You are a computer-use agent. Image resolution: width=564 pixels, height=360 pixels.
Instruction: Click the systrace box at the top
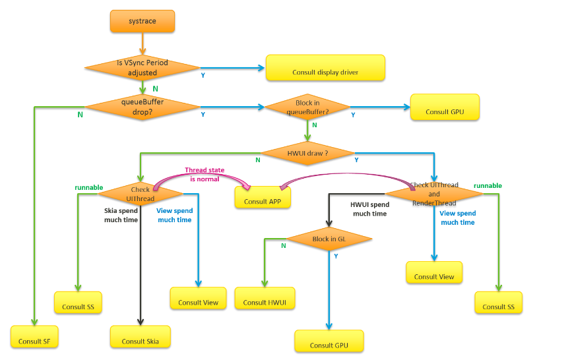(x=142, y=21)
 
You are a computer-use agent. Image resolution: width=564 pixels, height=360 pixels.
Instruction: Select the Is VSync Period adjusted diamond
(x=142, y=68)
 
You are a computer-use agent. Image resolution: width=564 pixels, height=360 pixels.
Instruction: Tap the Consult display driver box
(x=325, y=68)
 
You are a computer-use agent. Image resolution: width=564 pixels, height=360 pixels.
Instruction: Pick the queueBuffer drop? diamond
(x=142, y=107)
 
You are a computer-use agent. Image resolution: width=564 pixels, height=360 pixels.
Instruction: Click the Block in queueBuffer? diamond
(x=307, y=107)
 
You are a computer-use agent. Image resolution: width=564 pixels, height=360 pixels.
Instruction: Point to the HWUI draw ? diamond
(x=307, y=153)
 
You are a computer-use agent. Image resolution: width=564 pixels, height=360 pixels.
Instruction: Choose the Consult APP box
(x=263, y=197)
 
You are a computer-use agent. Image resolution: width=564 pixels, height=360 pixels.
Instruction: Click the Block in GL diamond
(x=329, y=239)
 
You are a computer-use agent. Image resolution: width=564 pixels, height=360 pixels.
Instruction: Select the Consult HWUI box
(x=265, y=298)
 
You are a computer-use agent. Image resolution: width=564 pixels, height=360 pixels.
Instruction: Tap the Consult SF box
(x=34, y=337)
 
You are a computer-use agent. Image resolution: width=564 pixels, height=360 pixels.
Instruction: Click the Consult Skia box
(x=141, y=337)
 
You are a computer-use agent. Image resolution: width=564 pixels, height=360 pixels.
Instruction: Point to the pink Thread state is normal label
(x=204, y=175)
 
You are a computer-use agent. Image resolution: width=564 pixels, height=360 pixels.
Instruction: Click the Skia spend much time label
(x=121, y=215)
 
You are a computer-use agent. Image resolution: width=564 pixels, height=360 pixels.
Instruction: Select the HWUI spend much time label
(x=370, y=209)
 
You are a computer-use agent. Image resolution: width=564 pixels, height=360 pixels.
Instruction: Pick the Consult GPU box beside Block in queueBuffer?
(x=445, y=107)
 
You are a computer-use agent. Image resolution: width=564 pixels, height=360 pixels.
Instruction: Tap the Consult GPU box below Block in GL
(x=329, y=341)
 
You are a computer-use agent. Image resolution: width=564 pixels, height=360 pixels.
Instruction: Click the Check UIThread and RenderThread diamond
(x=434, y=194)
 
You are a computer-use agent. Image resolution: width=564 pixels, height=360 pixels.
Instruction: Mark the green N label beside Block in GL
(x=284, y=246)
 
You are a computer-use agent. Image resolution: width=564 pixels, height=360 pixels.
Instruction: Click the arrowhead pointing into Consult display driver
(x=261, y=68)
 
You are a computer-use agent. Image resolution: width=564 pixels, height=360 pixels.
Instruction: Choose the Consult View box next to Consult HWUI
(x=198, y=298)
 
